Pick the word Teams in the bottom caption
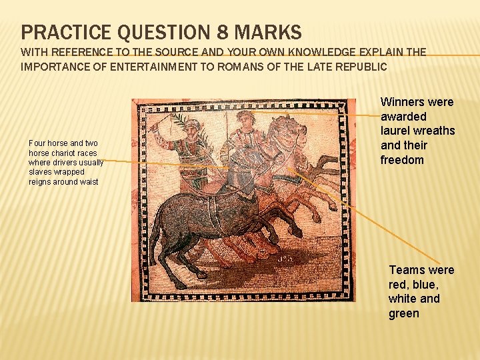[406, 270]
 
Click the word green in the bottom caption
[404, 313]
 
